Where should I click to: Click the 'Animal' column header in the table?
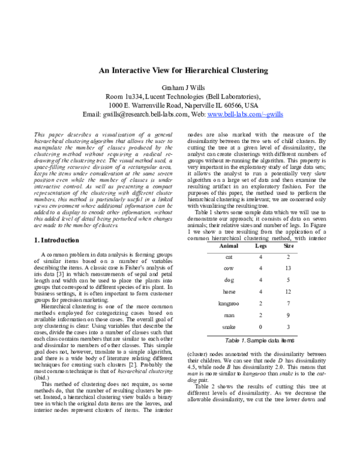tap(229, 229)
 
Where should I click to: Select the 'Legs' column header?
tap(260, 229)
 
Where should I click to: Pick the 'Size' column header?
tap(288, 229)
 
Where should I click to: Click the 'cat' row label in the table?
tap(229, 240)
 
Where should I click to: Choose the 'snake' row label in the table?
tap(229, 326)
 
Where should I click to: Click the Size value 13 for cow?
tap(288, 251)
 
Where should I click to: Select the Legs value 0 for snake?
tap(260, 326)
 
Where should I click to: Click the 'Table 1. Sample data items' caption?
tap(259, 340)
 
